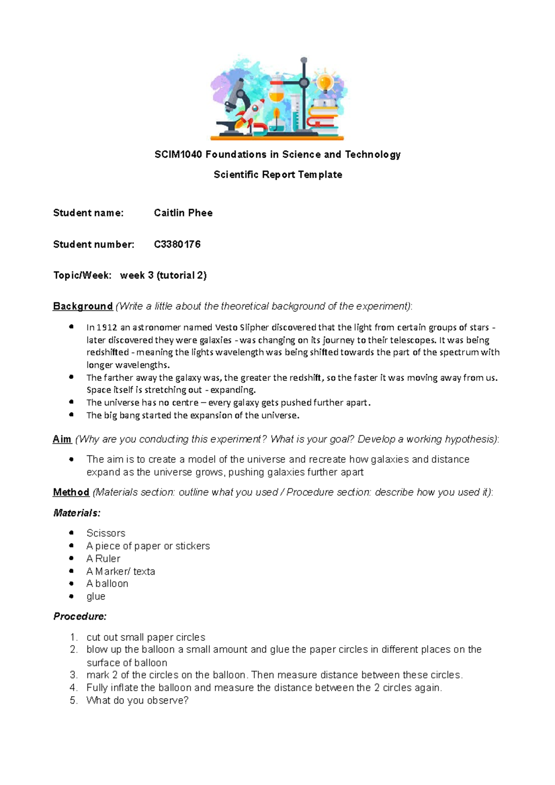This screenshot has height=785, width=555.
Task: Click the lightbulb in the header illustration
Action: click(x=325, y=82)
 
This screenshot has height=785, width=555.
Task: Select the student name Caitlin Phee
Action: click(x=183, y=213)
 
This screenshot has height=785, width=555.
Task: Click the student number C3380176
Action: click(x=177, y=244)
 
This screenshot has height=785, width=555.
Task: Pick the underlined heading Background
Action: click(x=83, y=306)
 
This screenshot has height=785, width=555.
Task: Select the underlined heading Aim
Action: click(x=62, y=439)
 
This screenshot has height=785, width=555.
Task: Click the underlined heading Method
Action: click(x=71, y=492)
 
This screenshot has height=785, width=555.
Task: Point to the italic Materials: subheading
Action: click(x=77, y=513)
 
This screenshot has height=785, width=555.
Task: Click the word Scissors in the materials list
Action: click(x=106, y=533)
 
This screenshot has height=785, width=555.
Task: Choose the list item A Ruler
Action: click(x=103, y=558)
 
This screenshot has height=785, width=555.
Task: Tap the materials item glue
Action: click(x=96, y=596)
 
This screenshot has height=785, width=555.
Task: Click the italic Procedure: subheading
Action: click(x=80, y=617)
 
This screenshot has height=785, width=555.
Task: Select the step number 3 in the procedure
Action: click(x=73, y=675)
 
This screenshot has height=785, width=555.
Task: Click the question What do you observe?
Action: click(x=137, y=700)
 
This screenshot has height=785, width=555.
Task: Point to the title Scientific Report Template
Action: click(x=278, y=175)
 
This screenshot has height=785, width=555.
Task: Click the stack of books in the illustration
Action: click(x=324, y=116)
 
